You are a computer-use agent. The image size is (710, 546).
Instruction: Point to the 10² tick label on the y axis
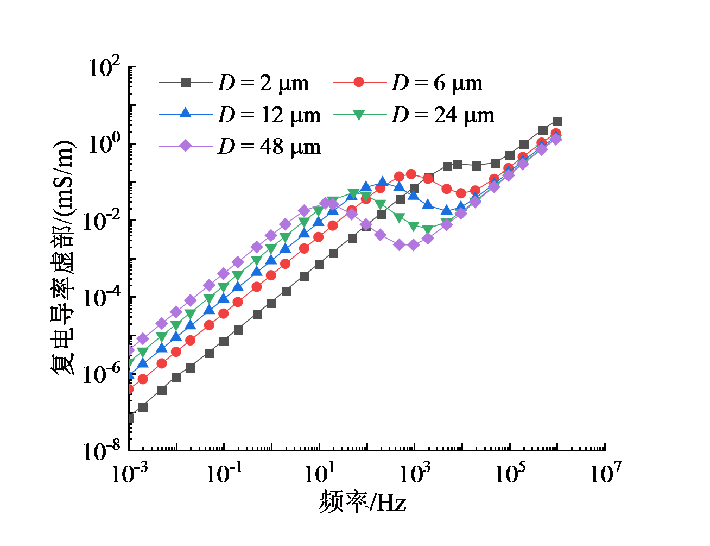click(105, 68)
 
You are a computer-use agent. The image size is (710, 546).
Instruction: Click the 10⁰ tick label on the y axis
click(105, 145)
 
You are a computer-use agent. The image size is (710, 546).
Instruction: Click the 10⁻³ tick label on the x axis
click(129, 473)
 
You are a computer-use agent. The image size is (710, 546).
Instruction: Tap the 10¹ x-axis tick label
click(319, 473)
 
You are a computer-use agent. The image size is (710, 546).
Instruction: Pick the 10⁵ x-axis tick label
click(510, 473)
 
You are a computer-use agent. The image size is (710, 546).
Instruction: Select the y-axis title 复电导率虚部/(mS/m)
click(62, 258)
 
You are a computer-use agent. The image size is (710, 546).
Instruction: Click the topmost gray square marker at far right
click(557, 121)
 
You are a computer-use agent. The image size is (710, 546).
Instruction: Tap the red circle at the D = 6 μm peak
click(411, 174)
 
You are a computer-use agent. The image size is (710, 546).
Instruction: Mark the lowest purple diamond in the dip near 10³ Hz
click(413, 245)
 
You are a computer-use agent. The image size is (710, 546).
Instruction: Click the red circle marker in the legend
click(358, 82)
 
